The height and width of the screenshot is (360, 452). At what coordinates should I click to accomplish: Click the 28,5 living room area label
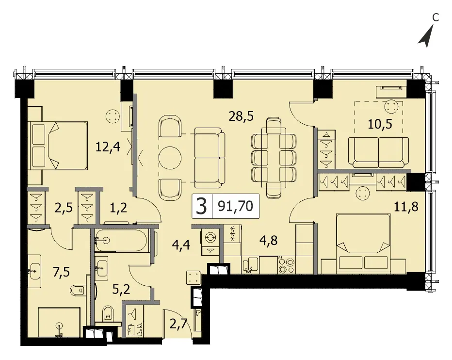pos(241,116)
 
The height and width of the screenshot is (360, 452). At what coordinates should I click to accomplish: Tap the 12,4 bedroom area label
pos(108,147)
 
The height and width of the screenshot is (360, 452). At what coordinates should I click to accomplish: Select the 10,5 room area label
pos(380,124)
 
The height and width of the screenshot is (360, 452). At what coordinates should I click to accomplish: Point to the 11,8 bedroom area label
pos(406,207)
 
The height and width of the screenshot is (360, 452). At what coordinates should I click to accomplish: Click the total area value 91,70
pos(236,206)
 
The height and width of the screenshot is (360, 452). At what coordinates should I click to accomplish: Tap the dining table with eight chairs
pos(274,158)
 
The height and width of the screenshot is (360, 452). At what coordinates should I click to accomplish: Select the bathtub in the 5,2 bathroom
pos(121,240)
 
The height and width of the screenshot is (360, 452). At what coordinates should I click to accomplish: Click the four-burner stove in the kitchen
pos(287,265)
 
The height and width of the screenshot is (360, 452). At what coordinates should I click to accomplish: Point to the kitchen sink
pos(250,265)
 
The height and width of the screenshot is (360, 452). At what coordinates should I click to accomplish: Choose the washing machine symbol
pos(210,237)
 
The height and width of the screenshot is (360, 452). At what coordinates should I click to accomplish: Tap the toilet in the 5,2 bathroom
pos(108,313)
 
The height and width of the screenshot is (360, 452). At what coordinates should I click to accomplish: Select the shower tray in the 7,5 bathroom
pos(59,322)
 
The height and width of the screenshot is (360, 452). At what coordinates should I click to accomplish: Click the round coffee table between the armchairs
pos(170,158)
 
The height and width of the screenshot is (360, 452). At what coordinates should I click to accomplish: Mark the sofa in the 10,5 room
pos(378,152)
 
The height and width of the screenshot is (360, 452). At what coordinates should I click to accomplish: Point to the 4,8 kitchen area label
pos(268,240)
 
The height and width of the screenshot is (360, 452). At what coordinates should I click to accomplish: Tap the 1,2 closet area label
pos(118,207)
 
